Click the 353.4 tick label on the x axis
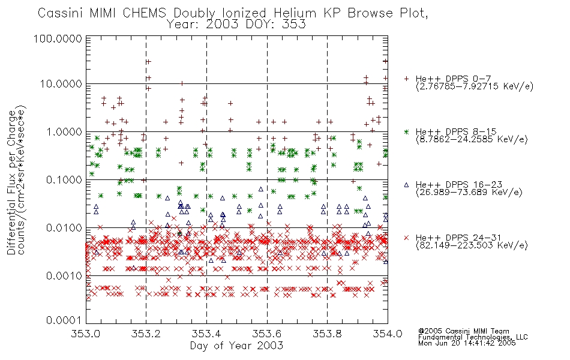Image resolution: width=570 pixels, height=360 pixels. [x=206, y=334]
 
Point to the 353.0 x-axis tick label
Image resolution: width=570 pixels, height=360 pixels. [x=86, y=334]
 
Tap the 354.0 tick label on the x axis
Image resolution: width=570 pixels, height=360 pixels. [x=387, y=334]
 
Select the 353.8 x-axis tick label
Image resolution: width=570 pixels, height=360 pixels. [x=327, y=334]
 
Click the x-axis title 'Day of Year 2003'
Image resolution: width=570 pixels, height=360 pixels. [x=236, y=346]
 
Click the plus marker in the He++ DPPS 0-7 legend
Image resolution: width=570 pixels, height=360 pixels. [x=406, y=79]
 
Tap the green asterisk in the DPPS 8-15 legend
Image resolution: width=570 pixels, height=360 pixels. [x=406, y=131]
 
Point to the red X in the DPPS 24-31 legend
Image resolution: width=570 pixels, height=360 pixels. [x=406, y=238]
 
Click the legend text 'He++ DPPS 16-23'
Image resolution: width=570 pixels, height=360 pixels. [x=458, y=184]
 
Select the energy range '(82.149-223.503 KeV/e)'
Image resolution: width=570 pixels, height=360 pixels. [x=472, y=245]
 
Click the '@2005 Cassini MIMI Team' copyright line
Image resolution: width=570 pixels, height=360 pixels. [x=463, y=331]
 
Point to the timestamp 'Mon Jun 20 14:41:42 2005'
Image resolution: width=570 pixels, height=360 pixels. [x=467, y=344]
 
